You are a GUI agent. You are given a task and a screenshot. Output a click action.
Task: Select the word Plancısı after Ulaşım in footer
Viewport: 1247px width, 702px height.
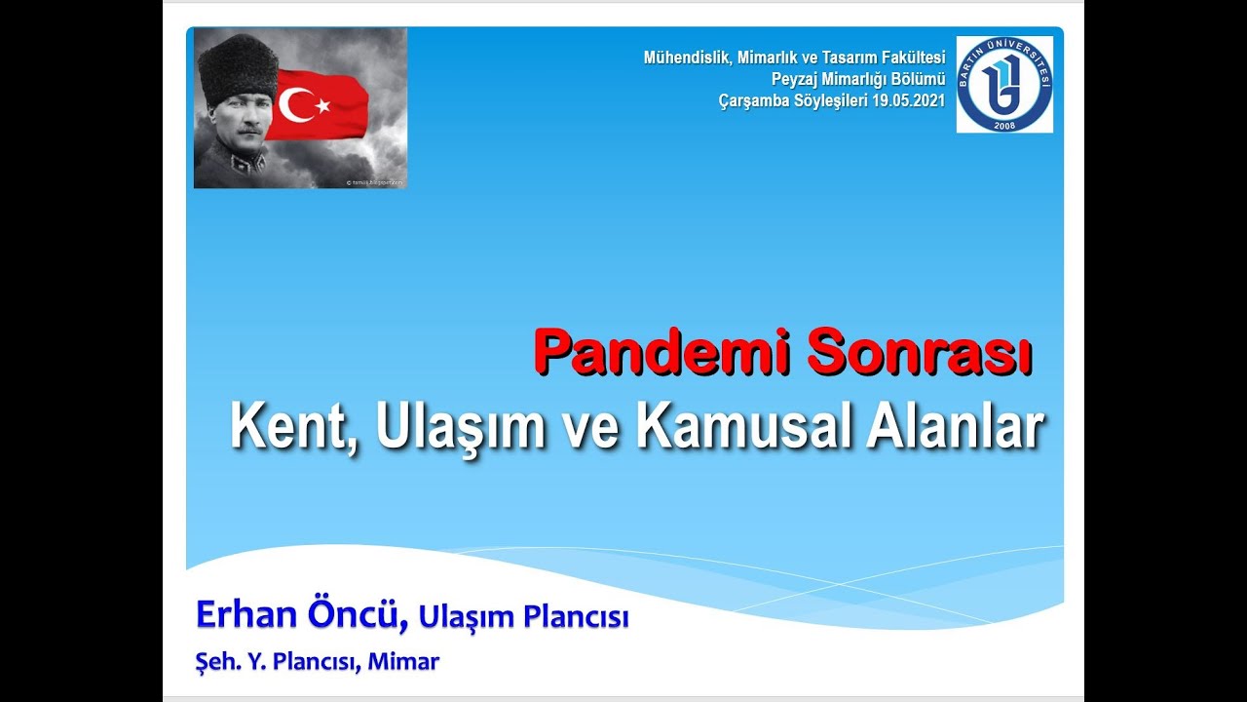point(576,617)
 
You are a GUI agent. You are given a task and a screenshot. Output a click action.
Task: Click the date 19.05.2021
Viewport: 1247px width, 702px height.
point(908,99)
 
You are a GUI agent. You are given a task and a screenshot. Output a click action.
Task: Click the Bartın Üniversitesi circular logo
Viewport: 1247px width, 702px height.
point(1004,84)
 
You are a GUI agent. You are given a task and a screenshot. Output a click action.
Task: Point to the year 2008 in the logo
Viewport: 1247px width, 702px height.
point(1004,124)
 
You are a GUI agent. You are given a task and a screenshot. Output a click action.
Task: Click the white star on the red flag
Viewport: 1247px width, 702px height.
point(322,104)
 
